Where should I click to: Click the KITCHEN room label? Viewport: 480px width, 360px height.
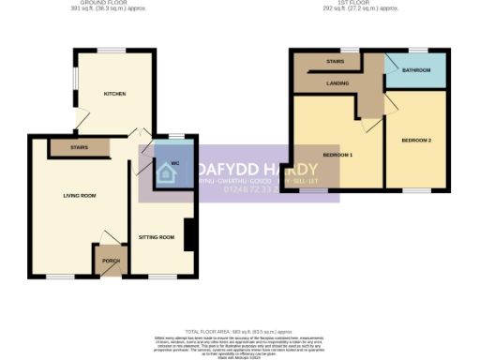pyautogui.click(x=115, y=95)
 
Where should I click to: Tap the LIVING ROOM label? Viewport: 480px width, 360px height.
pyautogui.click(x=80, y=195)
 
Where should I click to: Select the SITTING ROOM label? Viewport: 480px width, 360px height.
pyautogui.click(x=158, y=237)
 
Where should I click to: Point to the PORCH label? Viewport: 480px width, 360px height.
pyautogui.click(x=111, y=262)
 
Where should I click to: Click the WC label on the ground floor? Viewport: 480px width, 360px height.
pyautogui.click(x=175, y=163)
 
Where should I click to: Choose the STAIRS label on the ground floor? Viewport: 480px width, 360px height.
pyautogui.click(x=79, y=147)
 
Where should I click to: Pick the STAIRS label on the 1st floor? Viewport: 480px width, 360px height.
pyautogui.click(x=335, y=62)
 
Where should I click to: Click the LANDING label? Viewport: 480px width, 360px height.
pyautogui.click(x=338, y=83)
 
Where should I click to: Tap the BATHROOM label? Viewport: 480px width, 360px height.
pyautogui.click(x=416, y=70)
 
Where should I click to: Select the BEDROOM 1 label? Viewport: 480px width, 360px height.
pyautogui.click(x=337, y=154)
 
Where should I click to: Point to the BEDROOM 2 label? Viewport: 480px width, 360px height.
pyautogui.click(x=416, y=141)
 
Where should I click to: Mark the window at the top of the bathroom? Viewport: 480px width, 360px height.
pyautogui.click(x=416, y=50)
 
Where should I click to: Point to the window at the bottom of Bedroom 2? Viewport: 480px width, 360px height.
pyautogui.click(x=416, y=190)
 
